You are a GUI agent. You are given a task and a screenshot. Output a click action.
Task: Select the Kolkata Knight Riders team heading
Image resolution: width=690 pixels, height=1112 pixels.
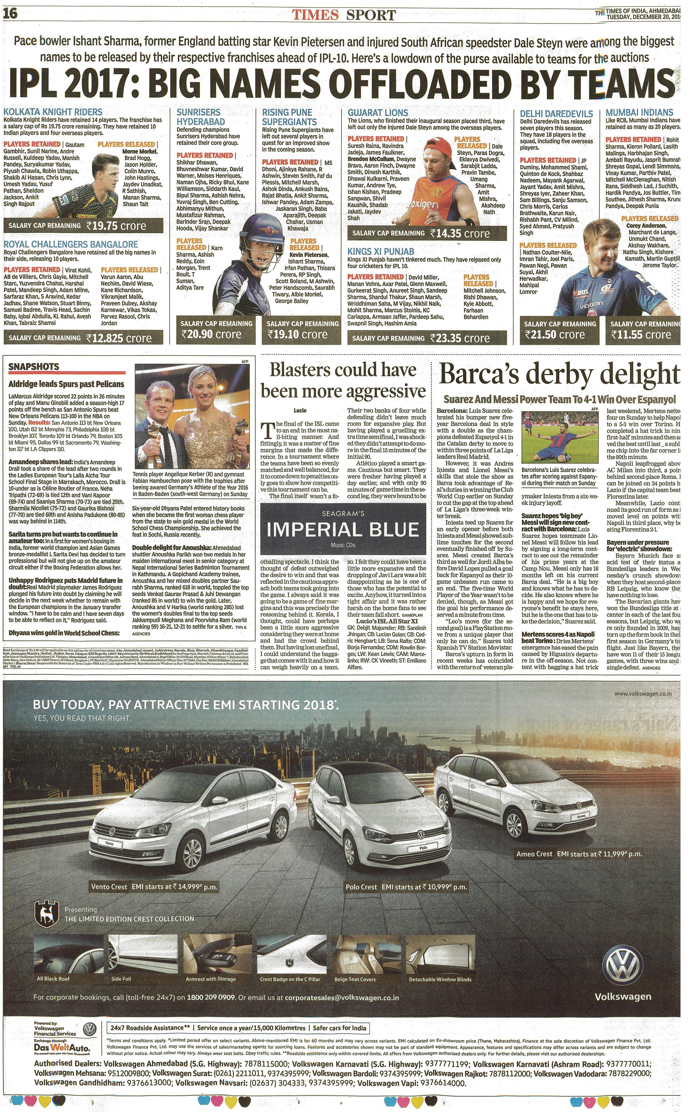[x=53, y=112]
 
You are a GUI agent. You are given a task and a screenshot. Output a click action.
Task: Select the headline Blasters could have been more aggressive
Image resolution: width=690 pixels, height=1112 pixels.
[x=343, y=380]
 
